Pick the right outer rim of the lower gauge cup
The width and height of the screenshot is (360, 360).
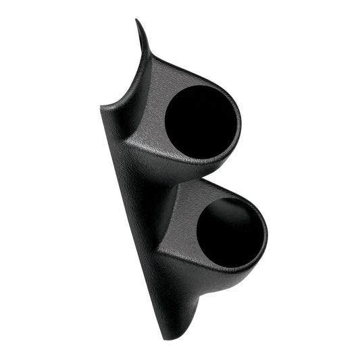click(265, 233)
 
